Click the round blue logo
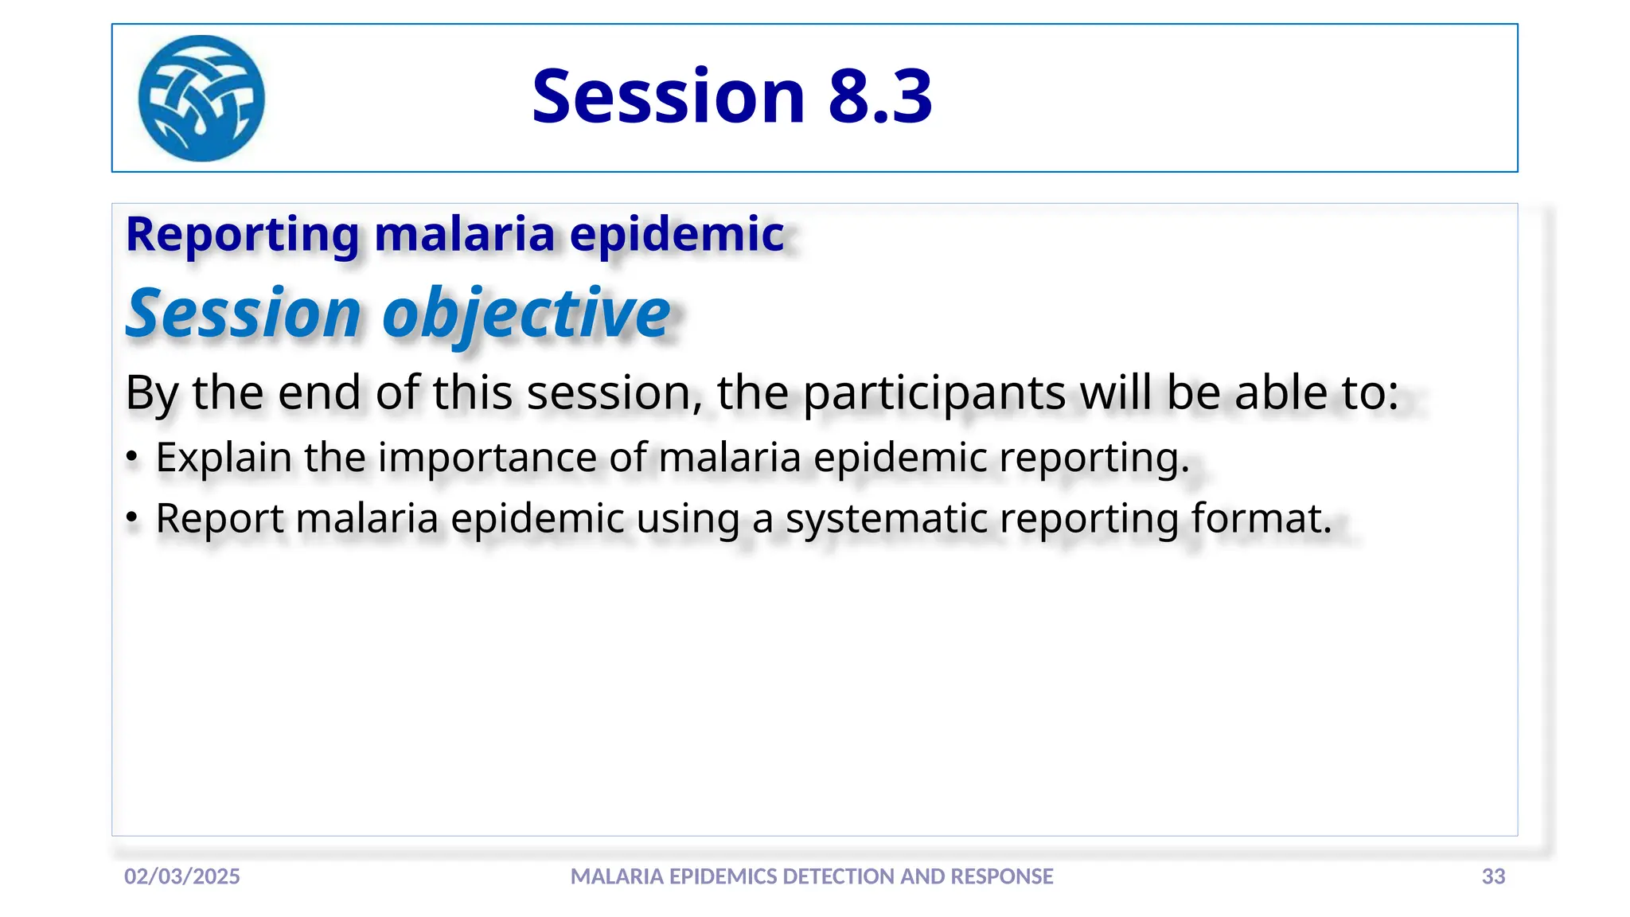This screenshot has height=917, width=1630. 201,98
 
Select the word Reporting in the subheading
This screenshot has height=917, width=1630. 243,236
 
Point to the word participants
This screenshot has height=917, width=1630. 934,393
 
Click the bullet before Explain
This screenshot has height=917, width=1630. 132,458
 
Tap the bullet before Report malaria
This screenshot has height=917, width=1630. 132,519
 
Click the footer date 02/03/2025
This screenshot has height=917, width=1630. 182,876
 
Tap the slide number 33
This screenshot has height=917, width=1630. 1493,876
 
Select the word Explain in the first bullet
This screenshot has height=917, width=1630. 224,458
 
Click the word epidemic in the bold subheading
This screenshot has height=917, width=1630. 677,236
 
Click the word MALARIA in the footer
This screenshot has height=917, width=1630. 618,876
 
